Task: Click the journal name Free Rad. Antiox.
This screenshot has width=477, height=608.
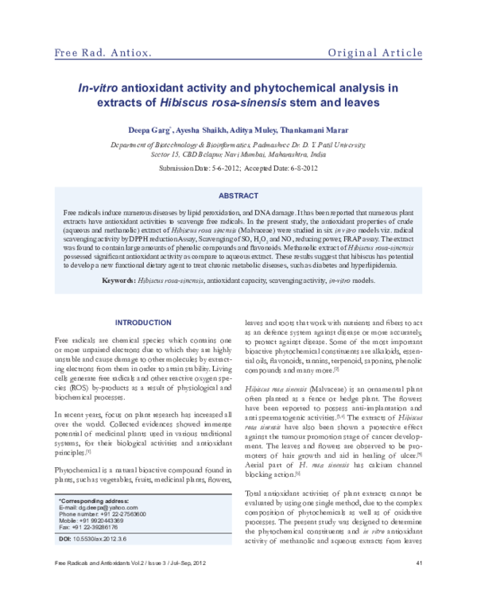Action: tap(103, 54)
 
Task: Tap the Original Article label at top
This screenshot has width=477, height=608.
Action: tap(375, 54)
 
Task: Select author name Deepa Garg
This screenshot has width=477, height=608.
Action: tap(147, 130)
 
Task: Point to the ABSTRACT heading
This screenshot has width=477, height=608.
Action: tap(238, 195)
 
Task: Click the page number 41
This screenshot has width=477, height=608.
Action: tap(418, 587)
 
